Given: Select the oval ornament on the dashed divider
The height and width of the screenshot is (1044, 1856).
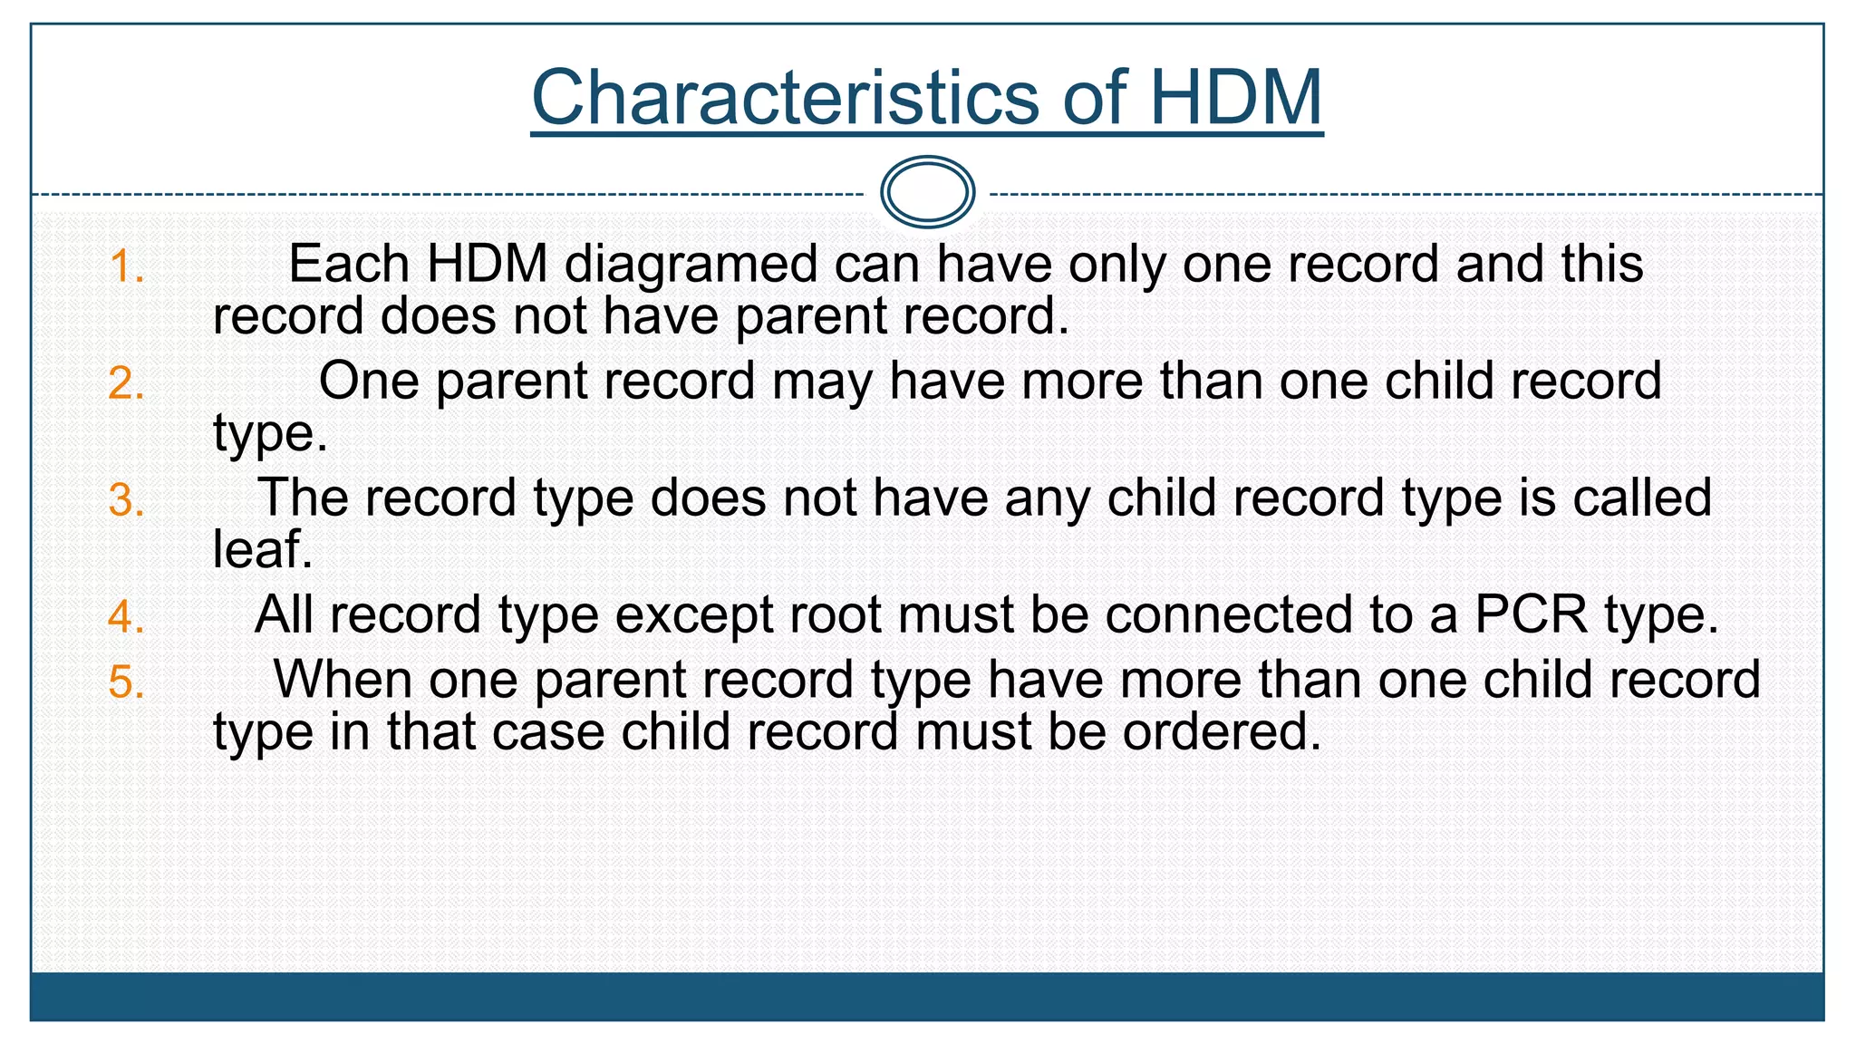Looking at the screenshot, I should pyautogui.click(x=927, y=192).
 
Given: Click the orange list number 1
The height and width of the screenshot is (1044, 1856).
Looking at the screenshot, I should pyautogui.click(x=126, y=267).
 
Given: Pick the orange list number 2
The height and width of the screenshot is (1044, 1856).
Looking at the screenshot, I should pyautogui.click(x=126, y=383).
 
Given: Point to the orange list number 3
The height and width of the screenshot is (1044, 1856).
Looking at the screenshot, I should pyautogui.click(x=126, y=500).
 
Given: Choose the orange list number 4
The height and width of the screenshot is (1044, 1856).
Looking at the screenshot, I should pyautogui.click(x=126, y=617).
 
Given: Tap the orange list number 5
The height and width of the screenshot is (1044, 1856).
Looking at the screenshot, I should pyautogui.click(x=126, y=681).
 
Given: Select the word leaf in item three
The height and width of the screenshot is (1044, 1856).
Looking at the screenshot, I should pyautogui.click(x=262, y=549).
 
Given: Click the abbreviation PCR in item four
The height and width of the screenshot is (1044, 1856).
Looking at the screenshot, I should pyautogui.click(x=1532, y=614).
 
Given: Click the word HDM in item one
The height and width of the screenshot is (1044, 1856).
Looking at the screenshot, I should pyautogui.click(x=488, y=265).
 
